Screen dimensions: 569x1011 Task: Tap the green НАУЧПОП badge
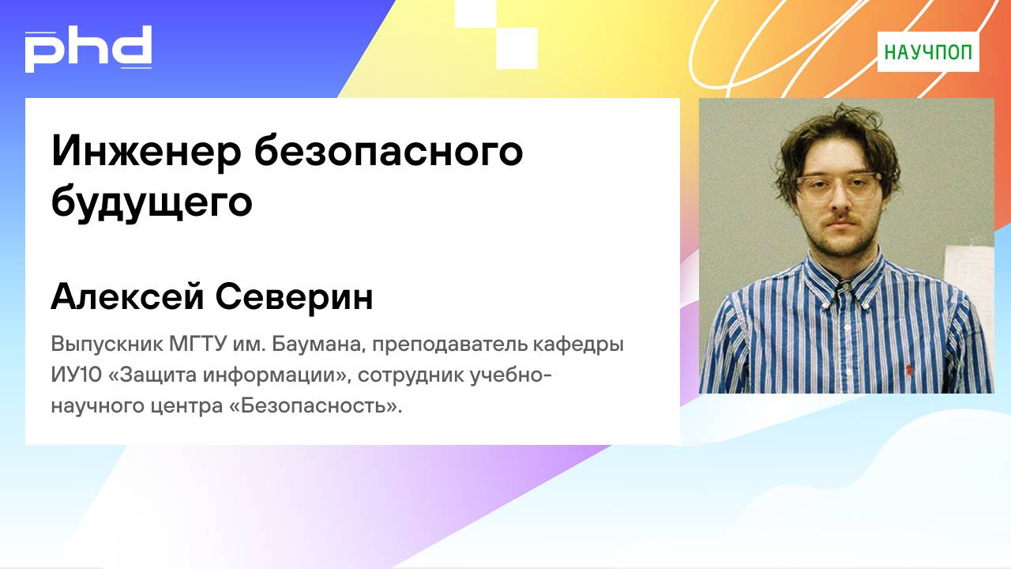point(928,52)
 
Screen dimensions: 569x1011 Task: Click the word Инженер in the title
point(145,151)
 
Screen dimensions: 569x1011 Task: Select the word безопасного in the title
point(389,151)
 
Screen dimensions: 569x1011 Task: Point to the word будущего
point(151,203)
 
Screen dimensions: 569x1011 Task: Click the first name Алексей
point(126,298)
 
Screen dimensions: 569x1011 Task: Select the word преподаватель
point(445,345)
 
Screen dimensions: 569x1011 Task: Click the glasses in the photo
point(838,187)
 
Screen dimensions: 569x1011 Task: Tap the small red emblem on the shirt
point(908,367)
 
